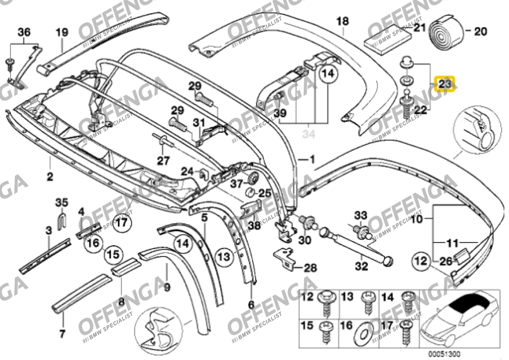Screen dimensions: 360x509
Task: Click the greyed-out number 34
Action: (310, 133)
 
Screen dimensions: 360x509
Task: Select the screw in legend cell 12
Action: (327, 301)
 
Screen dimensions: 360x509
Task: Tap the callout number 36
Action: (24, 33)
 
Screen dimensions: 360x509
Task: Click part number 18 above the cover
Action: (343, 21)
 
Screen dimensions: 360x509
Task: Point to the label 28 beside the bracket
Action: (310, 268)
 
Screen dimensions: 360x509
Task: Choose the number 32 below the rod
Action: (361, 266)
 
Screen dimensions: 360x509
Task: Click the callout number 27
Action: (164, 160)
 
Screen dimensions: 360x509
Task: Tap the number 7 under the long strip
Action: (62, 333)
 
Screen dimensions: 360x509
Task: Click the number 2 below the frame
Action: (50, 176)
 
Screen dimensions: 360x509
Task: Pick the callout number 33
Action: (360, 215)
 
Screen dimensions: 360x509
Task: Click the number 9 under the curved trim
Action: (167, 286)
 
